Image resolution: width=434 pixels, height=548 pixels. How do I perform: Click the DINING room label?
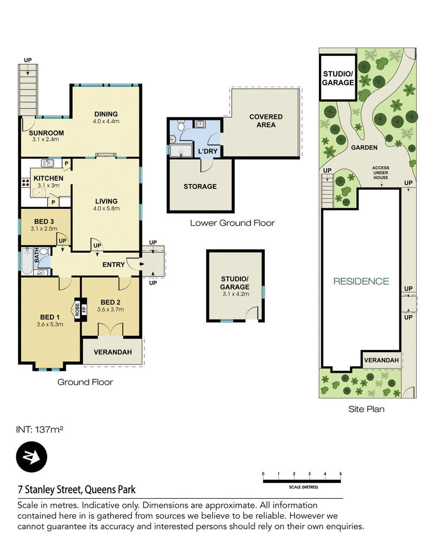[x=106, y=114]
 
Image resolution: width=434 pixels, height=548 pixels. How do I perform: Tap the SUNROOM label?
[x=46, y=133]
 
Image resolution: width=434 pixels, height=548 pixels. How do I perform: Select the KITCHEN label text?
[x=48, y=179]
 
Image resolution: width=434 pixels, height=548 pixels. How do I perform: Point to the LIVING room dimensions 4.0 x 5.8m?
[x=106, y=208]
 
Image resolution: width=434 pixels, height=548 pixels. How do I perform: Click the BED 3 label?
[x=44, y=221]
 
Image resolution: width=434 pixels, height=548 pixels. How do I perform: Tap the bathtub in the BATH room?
[x=27, y=261]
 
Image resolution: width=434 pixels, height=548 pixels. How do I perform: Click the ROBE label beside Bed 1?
[x=77, y=310]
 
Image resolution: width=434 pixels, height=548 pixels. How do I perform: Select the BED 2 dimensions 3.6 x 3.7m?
[x=111, y=309]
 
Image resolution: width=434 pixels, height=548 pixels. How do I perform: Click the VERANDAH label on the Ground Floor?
[x=112, y=352]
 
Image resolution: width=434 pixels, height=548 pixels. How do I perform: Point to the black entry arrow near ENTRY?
[x=141, y=264]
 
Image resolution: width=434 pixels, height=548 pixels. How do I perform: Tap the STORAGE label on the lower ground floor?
[x=200, y=187]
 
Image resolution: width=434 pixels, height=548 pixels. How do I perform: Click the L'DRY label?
[x=208, y=151]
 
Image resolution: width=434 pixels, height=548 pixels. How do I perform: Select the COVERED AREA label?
[x=266, y=120]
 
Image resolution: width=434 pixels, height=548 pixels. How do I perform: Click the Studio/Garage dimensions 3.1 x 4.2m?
[x=236, y=294]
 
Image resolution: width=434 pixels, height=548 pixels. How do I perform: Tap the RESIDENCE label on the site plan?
[x=361, y=282]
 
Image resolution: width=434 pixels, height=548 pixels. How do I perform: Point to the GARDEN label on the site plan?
[x=364, y=148]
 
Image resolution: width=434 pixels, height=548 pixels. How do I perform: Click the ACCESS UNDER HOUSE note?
[x=380, y=173]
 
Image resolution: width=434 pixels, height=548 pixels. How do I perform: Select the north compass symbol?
[x=31, y=457]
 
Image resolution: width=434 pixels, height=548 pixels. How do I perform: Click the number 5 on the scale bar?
[x=340, y=474]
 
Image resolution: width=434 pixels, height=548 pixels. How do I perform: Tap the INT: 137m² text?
[x=40, y=430]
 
